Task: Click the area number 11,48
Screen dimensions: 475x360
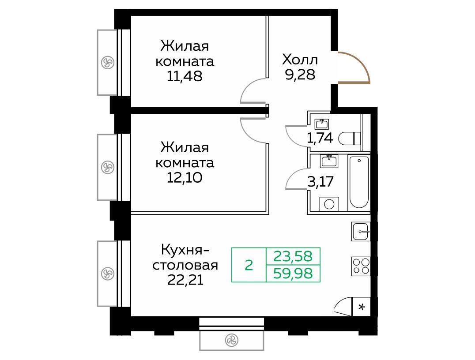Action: coord(185,76)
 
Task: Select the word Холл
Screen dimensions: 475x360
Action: coord(300,60)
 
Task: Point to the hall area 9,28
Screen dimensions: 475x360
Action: coord(300,74)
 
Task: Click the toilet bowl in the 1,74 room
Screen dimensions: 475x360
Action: coord(350,139)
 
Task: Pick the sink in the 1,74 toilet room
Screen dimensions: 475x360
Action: coord(323,124)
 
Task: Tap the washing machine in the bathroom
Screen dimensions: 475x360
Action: coord(329,204)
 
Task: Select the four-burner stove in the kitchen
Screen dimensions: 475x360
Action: coord(361,266)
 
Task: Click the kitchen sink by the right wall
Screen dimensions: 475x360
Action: coord(361,231)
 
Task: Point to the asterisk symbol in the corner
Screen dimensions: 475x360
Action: coord(362,307)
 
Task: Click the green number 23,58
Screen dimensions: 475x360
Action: coord(293,256)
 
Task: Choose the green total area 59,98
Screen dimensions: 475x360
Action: coord(293,274)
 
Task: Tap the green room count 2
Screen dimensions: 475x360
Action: coord(249,265)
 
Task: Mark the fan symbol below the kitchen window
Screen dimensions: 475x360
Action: coord(231,340)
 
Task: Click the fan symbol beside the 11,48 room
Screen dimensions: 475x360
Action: coord(107,63)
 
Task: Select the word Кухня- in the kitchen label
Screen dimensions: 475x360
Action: coord(185,250)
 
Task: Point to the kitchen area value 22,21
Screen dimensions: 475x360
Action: coord(185,280)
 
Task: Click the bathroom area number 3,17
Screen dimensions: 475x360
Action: coord(320,182)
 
